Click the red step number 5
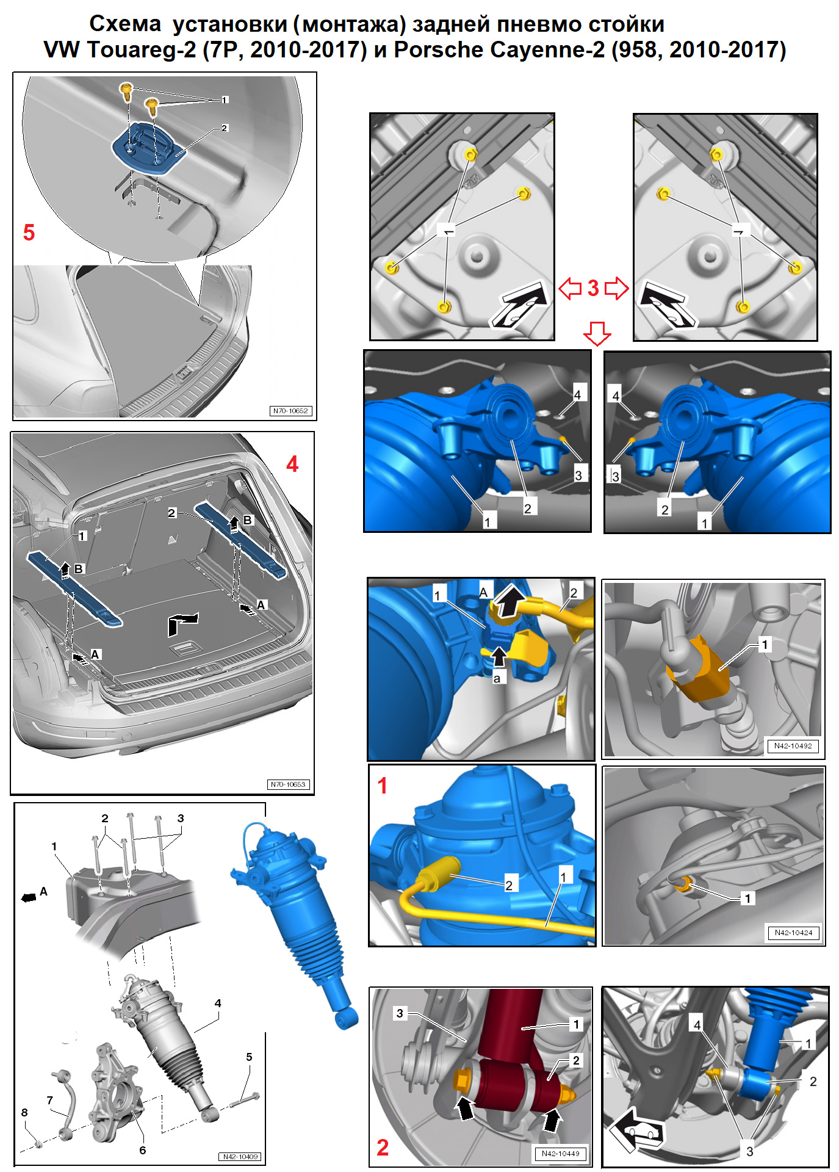29,233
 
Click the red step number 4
292,465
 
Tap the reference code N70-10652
290,411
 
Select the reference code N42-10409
240,1156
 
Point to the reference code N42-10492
793,745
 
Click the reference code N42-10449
560,1153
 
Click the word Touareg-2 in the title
142,49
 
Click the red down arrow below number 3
597,333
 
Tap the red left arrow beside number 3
571,288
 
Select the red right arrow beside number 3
616,288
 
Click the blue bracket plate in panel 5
146,150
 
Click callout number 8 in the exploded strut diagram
24,1112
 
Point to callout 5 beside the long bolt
249,1057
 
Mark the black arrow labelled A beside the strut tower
28,897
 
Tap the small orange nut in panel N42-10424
684,883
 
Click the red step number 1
383,786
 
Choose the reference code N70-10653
288,784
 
